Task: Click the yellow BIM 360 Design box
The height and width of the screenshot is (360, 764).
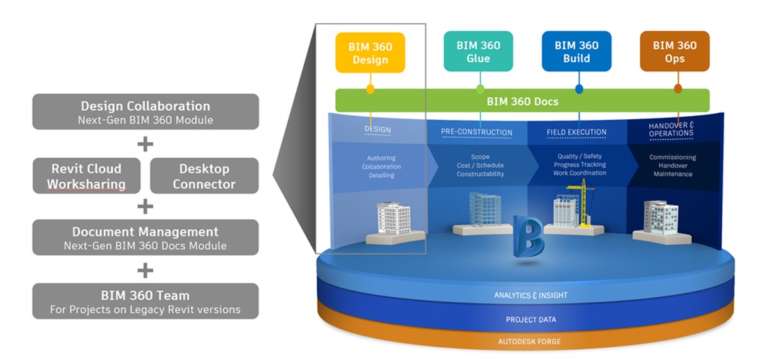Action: coord(370,52)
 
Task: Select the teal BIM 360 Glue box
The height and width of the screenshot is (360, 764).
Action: coord(478,51)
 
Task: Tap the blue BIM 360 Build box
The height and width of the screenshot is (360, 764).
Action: coord(576,51)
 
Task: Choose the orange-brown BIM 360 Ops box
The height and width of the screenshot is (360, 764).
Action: coord(674,51)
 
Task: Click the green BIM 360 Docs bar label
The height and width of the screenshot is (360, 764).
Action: coord(522,101)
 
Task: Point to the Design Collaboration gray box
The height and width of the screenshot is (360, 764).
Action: coord(145,111)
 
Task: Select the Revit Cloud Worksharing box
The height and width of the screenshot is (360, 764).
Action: coord(87,176)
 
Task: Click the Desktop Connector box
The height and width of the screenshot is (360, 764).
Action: coord(204,176)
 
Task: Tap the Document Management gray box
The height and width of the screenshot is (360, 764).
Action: coord(145,238)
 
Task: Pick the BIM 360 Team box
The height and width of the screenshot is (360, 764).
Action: coord(145,301)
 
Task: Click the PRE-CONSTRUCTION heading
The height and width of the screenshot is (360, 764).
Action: coord(476,132)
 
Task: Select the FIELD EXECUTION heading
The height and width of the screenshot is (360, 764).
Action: coord(576,132)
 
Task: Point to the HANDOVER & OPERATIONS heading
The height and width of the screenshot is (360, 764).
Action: coord(670,129)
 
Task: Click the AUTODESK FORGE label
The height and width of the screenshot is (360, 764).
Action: coord(529,341)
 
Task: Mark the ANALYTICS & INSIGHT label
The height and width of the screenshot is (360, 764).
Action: coord(530,295)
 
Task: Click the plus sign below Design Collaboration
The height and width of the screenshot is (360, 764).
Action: coord(145,144)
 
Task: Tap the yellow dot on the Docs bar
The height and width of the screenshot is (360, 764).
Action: coord(370,89)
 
